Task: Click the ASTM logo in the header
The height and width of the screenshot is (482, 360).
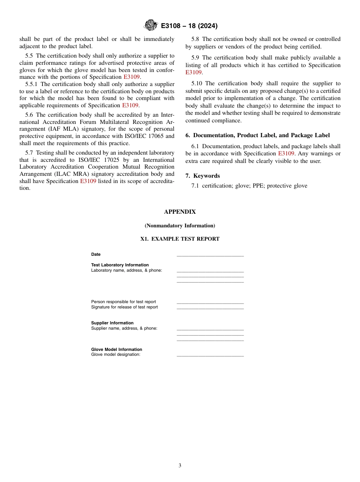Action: tap(150, 25)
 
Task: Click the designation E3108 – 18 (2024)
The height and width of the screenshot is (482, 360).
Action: tap(189, 26)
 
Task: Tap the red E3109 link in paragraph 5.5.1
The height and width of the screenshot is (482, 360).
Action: tap(130, 105)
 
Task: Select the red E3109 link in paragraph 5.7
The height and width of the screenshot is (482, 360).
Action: tap(88, 181)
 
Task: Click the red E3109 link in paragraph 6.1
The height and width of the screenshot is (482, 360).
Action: tap(286, 153)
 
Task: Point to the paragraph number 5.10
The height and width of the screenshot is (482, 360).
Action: tap(197, 83)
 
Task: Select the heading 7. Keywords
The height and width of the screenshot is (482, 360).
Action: tap(203, 176)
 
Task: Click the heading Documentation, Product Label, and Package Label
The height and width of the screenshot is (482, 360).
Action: tap(261, 135)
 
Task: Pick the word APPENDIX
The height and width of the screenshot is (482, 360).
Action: tap(180, 212)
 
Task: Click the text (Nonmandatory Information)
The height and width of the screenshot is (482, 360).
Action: tap(180, 225)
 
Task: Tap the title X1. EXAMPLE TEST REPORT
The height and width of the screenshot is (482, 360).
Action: tap(180, 239)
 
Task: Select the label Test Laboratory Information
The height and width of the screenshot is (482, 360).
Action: tap(120, 265)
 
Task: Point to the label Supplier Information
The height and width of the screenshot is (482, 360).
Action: tap(112, 323)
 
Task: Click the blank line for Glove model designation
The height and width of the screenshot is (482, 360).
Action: tap(210, 355)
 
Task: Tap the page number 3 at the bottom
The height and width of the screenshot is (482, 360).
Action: tap(180, 466)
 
